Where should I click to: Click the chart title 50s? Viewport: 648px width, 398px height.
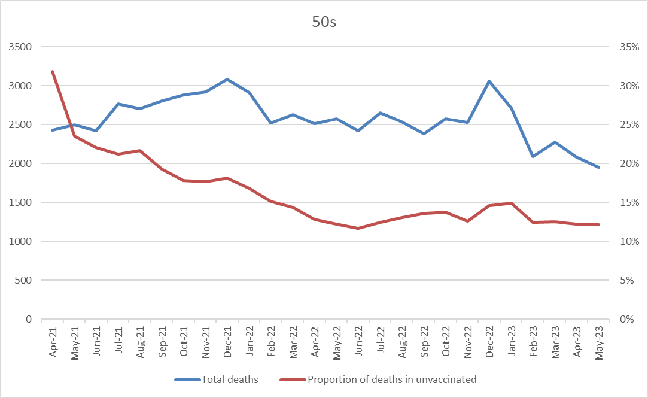pyautogui.click(x=324, y=22)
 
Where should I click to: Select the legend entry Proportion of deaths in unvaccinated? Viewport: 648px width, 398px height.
pyautogui.click(x=391, y=379)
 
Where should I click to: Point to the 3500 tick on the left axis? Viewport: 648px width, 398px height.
pyautogui.click(x=20, y=47)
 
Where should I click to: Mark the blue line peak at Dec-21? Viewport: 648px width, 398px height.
pyautogui.click(x=227, y=79)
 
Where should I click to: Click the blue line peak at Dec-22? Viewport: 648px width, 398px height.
pyautogui.click(x=489, y=81)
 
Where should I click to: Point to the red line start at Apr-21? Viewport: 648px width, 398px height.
pyautogui.click(x=53, y=71)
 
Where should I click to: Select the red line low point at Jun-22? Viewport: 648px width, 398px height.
pyautogui.click(x=358, y=228)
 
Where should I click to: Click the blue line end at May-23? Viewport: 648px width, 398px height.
pyautogui.click(x=598, y=167)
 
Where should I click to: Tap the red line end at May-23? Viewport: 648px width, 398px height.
pyautogui.click(x=598, y=224)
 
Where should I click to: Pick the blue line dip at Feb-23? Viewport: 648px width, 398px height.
pyautogui.click(x=533, y=156)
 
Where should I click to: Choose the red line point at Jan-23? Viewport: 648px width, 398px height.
pyautogui.click(x=511, y=203)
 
